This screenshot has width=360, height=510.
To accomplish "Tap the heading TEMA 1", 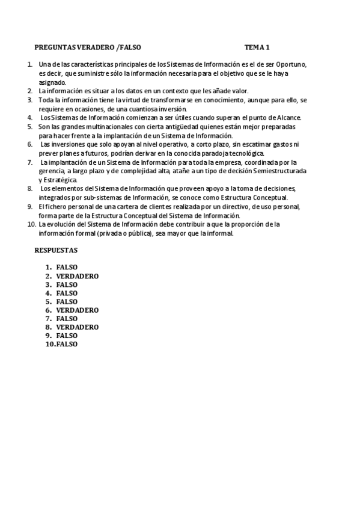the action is pyautogui.click(x=257, y=47).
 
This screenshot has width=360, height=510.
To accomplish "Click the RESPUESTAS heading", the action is pyautogui.click(x=56, y=250).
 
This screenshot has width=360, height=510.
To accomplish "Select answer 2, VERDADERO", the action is pyautogui.click(x=78, y=276).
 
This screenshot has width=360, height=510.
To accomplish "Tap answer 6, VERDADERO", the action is pyautogui.click(x=78, y=310).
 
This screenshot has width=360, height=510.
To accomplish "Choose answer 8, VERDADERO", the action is pyautogui.click(x=78, y=327).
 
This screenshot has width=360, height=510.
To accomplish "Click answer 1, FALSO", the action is pyautogui.click(x=67, y=268).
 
